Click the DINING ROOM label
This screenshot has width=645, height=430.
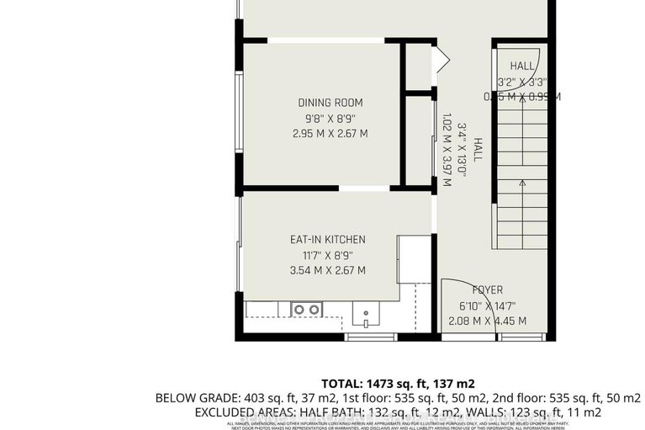click(321, 103)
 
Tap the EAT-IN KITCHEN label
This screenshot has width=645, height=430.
click(321, 240)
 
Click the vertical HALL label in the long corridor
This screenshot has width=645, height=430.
click(478, 150)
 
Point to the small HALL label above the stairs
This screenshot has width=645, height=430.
click(522, 66)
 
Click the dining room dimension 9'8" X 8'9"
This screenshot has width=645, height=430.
click(321, 118)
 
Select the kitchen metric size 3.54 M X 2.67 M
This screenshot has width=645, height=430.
click(321, 270)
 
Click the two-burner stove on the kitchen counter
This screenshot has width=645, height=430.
click(306, 310)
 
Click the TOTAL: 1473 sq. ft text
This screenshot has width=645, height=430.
click(378, 380)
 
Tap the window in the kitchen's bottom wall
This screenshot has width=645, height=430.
click(371, 337)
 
